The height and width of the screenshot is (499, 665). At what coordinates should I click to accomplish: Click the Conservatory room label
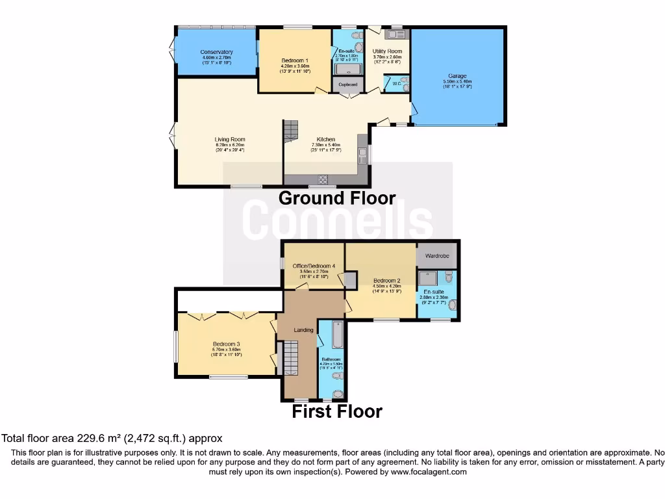point(216,52)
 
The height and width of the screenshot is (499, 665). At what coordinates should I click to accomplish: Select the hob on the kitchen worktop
point(322,179)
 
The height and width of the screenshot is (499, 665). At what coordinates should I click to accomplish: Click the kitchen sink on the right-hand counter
point(363,155)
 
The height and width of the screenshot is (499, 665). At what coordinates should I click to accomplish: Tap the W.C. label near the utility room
point(396,84)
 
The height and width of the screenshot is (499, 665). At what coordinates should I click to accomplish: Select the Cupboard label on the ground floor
point(349,84)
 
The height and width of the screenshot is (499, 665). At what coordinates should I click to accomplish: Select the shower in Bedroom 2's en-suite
point(428,278)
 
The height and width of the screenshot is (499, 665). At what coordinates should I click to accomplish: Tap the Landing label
point(303,330)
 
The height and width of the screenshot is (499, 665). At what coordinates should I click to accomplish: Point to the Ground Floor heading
point(336,198)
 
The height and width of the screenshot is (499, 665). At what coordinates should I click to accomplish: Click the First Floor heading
point(336,411)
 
